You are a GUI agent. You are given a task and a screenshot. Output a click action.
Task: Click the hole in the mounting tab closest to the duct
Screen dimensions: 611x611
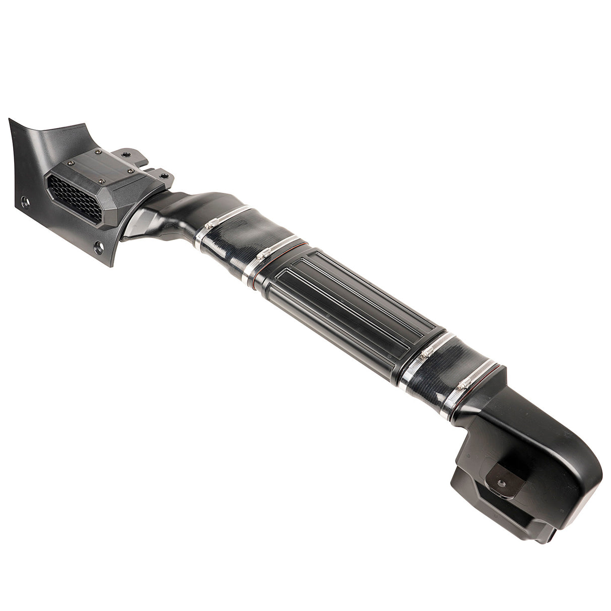pos(164,176)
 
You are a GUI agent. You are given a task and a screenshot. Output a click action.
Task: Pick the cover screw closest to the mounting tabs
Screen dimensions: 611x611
pos(131,171)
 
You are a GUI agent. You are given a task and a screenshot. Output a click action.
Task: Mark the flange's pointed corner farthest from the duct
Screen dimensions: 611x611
pos(10,120)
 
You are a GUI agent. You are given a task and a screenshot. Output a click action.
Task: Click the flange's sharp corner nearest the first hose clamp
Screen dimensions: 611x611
pos(112,264)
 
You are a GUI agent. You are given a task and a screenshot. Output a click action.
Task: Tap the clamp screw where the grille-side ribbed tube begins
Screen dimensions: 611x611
pos(260,256)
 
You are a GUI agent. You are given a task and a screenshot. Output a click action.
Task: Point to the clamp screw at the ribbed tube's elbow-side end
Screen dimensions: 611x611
pos(424,354)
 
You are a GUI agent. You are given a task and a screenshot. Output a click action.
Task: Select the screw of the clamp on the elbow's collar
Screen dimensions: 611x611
pos(461,386)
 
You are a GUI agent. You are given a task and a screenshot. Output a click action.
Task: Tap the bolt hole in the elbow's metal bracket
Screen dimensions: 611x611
pos(501,482)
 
